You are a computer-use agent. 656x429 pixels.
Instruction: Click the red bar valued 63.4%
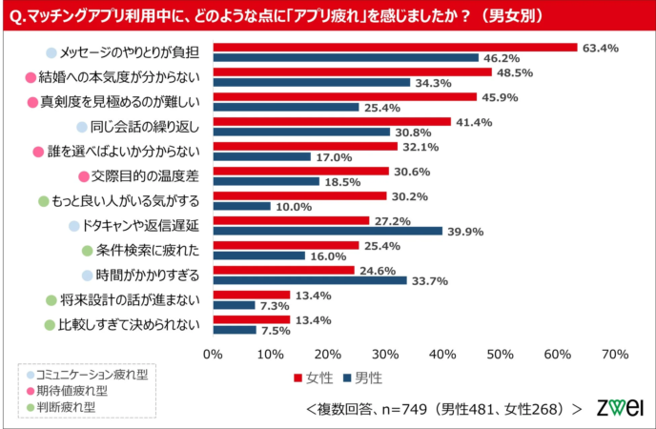point(395,47)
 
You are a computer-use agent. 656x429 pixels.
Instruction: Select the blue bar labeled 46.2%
point(345,58)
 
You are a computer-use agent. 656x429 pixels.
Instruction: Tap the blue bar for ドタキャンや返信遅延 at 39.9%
point(327,231)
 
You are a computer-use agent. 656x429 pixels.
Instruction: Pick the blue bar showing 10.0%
point(241,206)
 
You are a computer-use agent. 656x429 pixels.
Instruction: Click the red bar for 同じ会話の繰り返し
point(332,121)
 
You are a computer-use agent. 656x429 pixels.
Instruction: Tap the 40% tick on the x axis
point(442,354)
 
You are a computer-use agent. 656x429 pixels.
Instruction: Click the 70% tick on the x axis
point(614,354)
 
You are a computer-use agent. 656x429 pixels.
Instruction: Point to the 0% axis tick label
point(213,354)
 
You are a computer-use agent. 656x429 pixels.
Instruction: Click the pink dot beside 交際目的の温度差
point(84,176)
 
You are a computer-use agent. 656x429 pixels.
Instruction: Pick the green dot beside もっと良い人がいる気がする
point(43,201)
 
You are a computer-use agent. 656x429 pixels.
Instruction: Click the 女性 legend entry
point(311,378)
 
